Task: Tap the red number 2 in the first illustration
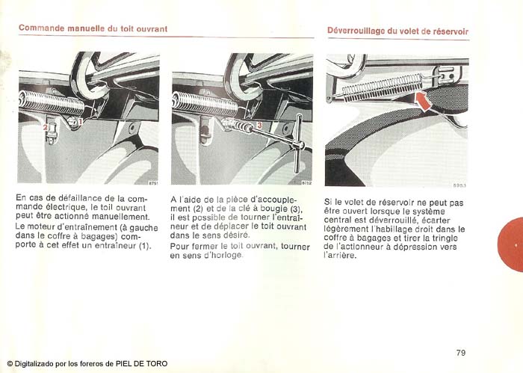(x=46, y=128)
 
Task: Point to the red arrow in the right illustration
(x=424, y=102)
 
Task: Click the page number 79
(x=460, y=352)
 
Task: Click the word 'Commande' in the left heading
(x=41, y=28)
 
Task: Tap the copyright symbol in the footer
(x=10, y=364)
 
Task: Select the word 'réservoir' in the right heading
(x=450, y=31)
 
